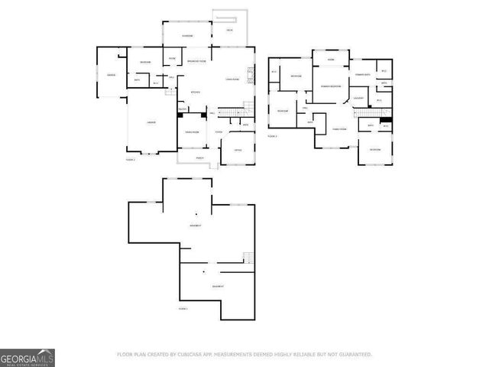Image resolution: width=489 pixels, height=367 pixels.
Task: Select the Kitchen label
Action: tap(195, 92)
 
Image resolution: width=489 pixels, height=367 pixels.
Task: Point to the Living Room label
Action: tap(233, 78)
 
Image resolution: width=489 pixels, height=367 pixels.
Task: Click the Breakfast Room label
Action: tap(198, 61)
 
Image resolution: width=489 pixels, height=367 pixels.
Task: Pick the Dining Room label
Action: tap(191, 132)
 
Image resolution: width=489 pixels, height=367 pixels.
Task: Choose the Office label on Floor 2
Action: tap(238, 150)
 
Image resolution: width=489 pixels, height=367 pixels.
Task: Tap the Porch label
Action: tap(199, 158)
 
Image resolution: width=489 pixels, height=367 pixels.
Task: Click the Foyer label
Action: tap(219, 132)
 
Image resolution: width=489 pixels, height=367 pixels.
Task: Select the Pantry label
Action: tap(183, 109)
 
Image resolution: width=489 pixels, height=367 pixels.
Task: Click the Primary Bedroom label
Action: tap(330, 86)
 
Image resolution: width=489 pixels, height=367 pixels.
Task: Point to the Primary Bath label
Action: tap(362, 74)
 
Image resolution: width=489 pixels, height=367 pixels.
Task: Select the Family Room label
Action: tap(338, 129)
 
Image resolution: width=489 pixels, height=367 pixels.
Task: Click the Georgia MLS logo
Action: tap(27, 357)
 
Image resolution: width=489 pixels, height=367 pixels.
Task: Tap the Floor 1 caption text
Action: tap(183, 308)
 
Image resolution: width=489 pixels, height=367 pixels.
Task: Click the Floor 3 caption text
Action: tap(272, 135)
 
